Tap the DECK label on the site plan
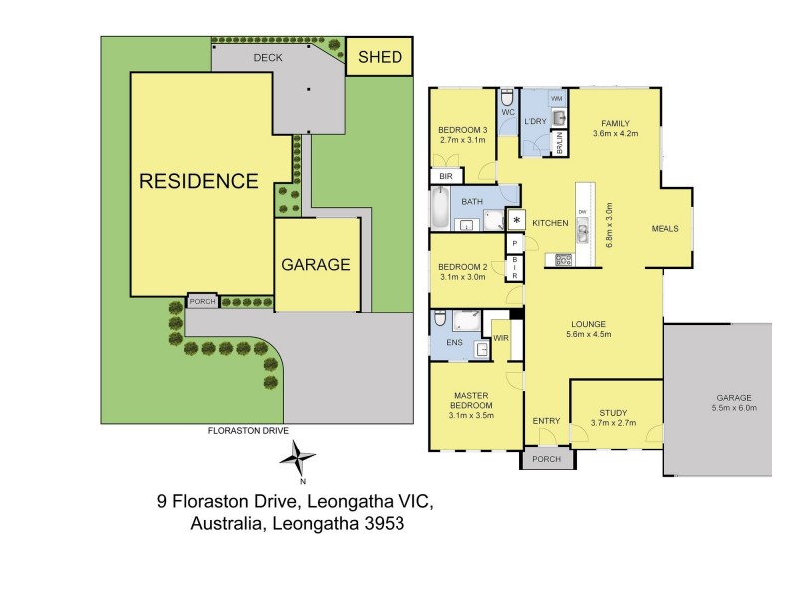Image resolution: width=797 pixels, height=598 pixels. [x=268, y=58]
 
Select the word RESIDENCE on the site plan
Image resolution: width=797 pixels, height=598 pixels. [x=198, y=181]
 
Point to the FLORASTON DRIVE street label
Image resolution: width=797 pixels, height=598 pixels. [x=246, y=430]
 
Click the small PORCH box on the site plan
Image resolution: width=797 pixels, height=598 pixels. [x=202, y=301]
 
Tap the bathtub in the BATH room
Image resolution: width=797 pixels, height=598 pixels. [x=439, y=209]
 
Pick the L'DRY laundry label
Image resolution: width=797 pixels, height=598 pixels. [x=535, y=121]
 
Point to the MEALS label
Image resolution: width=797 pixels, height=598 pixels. [x=664, y=228]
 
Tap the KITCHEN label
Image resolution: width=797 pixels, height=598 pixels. [x=549, y=222]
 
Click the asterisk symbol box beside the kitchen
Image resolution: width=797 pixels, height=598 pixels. [x=517, y=221]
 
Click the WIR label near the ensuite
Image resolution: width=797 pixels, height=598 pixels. [x=501, y=338]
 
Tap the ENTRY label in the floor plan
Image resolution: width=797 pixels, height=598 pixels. [x=546, y=422]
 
